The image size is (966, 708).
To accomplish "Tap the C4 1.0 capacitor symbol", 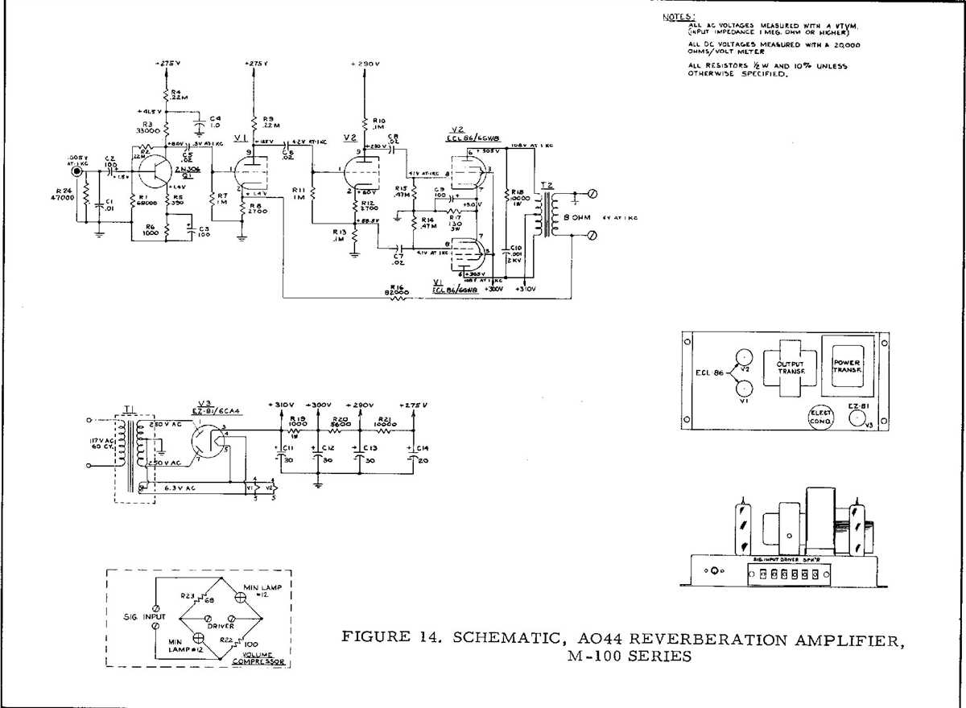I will (x=197, y=125).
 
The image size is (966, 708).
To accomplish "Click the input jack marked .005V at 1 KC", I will (x=78, y=171).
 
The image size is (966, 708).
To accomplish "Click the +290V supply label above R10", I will (x=365, y=63).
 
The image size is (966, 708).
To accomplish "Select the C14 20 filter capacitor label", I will (x=424, y=452).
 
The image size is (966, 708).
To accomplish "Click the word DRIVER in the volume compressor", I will (x=220, y=625).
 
